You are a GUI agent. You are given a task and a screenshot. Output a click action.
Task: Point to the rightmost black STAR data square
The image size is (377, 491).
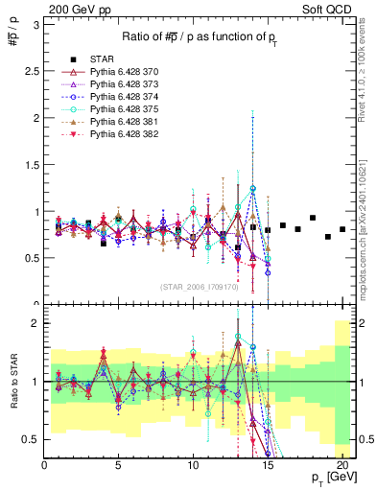[x=342, y=229]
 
